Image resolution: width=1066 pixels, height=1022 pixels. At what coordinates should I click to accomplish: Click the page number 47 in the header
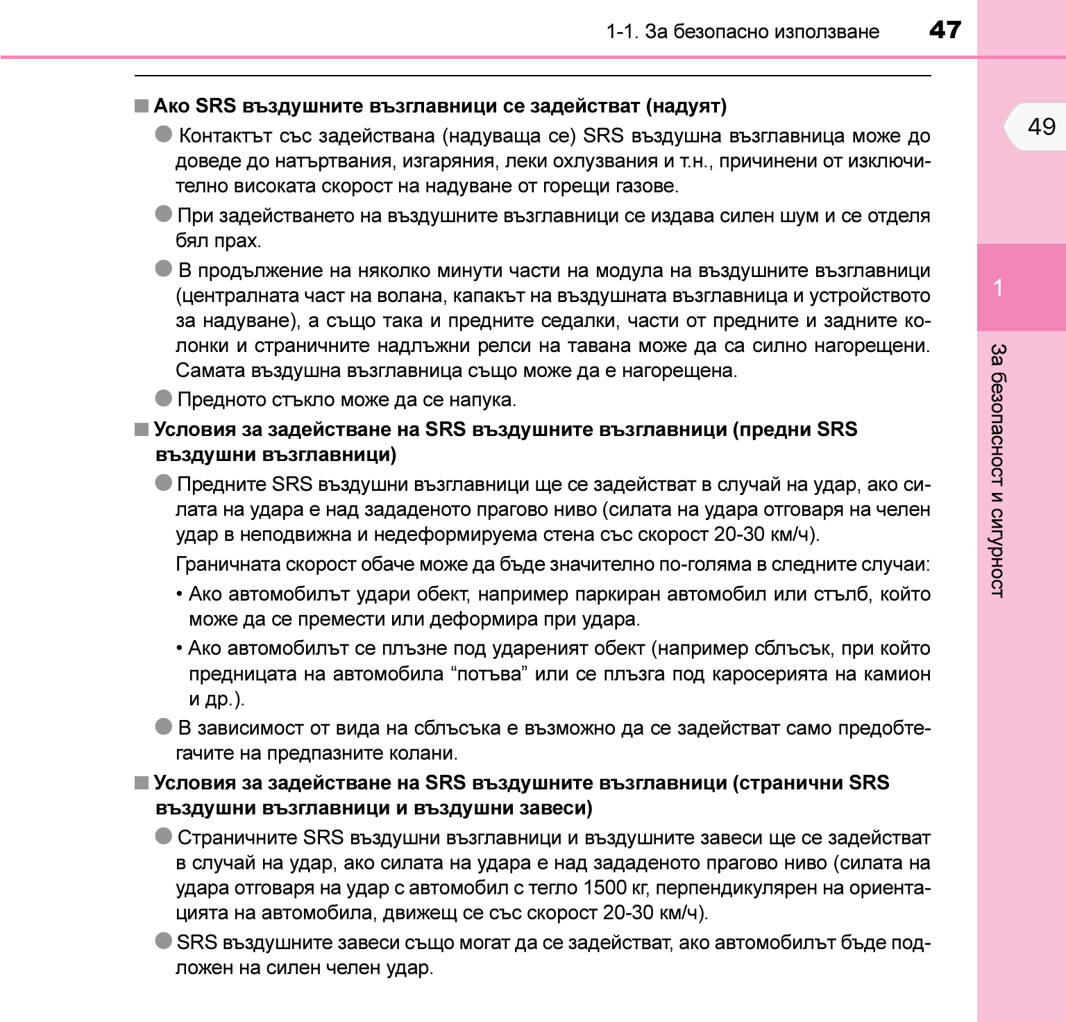click(945, 30)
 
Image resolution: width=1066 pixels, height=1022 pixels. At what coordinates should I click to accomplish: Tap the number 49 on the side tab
click(1041, 126)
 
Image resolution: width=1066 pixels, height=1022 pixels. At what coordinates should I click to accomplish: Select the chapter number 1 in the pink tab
click(998, 287)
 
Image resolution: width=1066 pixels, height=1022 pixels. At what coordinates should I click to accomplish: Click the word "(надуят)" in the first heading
click(686, 106)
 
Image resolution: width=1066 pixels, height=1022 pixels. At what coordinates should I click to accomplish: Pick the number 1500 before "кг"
click(604, 888)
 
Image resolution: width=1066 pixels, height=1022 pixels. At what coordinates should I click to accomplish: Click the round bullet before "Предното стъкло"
click(164, 399)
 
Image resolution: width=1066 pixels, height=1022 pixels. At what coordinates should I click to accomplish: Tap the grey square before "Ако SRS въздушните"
click(142, 106)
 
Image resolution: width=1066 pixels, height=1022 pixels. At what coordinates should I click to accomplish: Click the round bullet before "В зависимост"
click(164, 727)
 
